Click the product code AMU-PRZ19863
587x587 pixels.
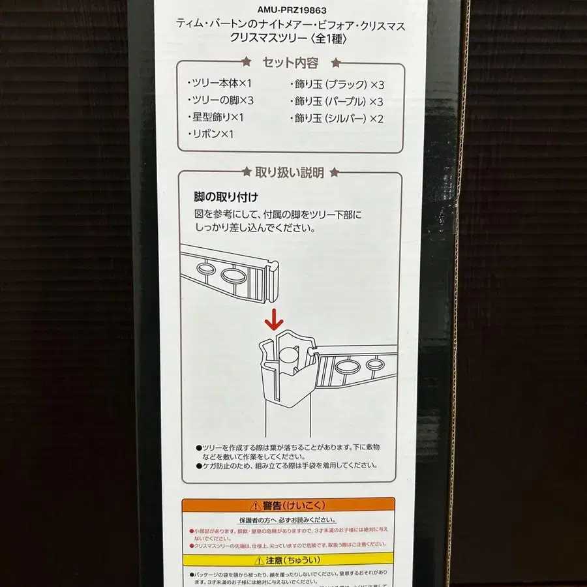(x=292, y=10)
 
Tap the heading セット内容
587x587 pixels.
(x=290, y=63)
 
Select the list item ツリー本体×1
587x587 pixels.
(x=218, y=83)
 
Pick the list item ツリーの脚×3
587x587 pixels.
(x=220, y=100)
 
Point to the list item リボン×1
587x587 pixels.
(x=210, y=134)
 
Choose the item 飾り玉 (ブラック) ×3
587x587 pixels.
(x=337, y=84)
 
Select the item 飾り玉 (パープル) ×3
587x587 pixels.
(x=337, y=101)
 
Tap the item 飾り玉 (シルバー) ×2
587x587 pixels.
(x=337, y=118)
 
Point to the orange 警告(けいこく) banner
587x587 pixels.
(x=288, y=505)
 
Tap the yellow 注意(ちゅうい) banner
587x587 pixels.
(x=288, y=560)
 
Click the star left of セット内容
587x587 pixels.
(x=247, y=63)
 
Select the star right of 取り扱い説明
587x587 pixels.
(x=334, y=172)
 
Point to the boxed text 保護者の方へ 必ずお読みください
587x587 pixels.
(x=288, y=520)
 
